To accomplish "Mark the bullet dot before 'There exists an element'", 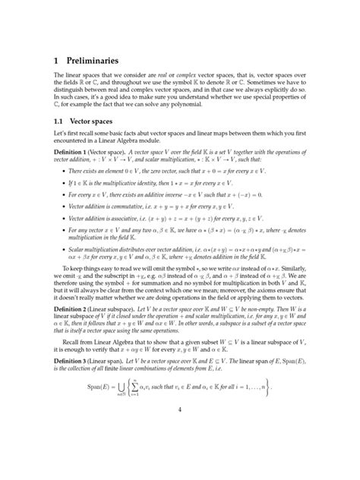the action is (62, 171).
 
